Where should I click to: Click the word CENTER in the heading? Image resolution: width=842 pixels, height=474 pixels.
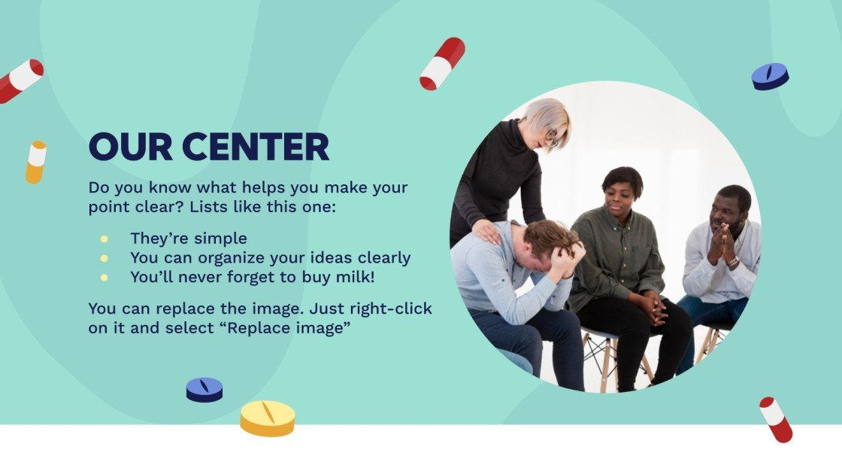pyautogui.click(x=256, y=147)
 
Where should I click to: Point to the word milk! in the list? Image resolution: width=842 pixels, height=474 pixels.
pyautogui.click(x=353, y=277)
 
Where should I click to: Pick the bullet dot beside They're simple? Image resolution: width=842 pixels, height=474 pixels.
pyautogui.click(x=104, y=239)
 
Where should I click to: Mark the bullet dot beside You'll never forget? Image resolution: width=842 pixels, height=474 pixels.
pyautogui.click(x=104, y=278)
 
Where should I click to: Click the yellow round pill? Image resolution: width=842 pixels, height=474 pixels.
pyautogui.click(x=268, y=418)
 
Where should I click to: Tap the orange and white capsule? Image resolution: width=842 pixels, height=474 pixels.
pyautogui.click(x=35, y=162)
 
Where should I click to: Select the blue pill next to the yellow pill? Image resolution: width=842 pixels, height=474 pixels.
pyautogui.click(x=204, y=389)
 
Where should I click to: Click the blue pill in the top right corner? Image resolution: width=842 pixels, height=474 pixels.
pyautogui.click(x=770, y=76)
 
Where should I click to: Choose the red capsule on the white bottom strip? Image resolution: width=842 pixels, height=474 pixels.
pyautogui.click(x=776, y=419)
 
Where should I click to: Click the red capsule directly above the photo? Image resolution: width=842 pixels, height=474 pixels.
pyautogui.click(x=442, y=64)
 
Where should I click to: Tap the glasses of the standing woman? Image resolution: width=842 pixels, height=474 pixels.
pyautogui.click(x=552, y=138)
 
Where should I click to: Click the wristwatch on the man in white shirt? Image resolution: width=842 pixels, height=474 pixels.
pyautogui.click(x=732, y=262)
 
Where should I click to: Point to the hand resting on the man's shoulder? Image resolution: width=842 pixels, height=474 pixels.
pyautogui.click(x=486, y=231)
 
